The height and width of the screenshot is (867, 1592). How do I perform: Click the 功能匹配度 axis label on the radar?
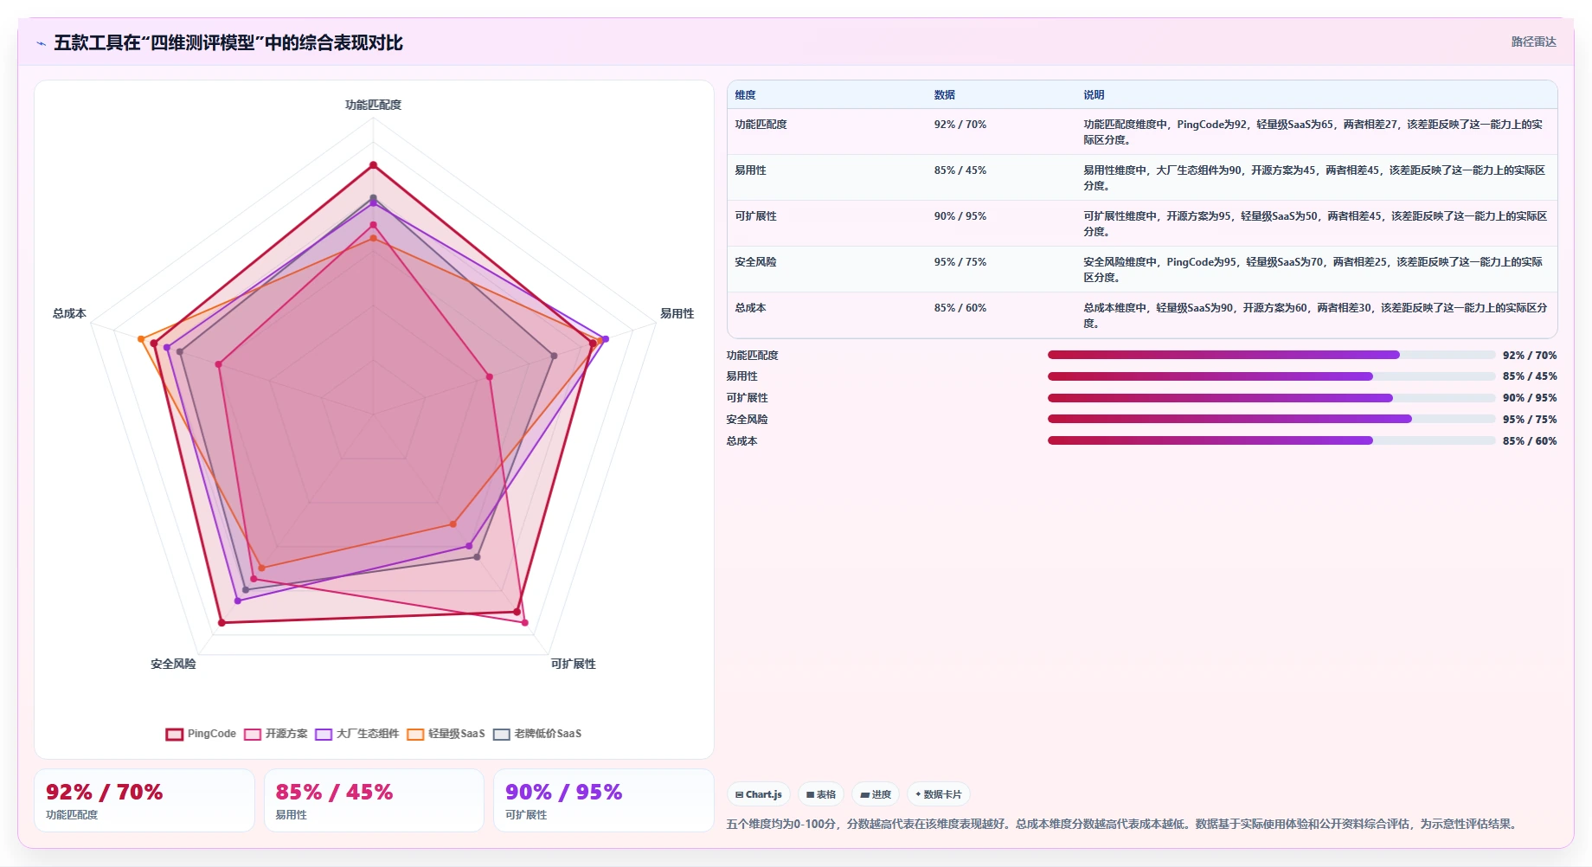(373, 105)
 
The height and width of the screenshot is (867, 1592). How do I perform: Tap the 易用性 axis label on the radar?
(677, 313)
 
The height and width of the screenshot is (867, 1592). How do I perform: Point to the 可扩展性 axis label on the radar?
(573, 664)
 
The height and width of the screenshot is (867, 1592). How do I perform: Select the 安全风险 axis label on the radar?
(173, 664)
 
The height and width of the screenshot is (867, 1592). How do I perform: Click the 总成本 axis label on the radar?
(69, 313)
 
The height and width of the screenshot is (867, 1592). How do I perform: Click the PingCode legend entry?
(201, 734)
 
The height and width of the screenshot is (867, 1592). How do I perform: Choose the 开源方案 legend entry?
(276, 734)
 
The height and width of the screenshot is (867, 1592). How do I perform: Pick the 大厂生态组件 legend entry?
(357, 734)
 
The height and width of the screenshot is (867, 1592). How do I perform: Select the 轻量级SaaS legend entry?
(446, 734)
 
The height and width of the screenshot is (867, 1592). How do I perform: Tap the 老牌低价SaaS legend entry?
(537, 734)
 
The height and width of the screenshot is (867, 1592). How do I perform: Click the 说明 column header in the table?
(1094, 95)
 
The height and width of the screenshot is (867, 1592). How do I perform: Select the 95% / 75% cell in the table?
(960, 262)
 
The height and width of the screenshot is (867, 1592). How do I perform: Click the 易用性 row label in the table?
(750, 170)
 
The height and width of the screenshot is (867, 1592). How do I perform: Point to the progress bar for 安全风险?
(1271, 419)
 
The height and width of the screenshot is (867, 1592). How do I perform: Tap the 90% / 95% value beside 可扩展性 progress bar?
(1529, 398)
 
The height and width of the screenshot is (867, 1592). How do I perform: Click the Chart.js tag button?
(758, 794)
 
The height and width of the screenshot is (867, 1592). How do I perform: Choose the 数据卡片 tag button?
(938, 794)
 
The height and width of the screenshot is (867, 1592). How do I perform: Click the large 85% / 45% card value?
(334, 792)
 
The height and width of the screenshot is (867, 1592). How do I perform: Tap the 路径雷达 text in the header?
(1533, 42)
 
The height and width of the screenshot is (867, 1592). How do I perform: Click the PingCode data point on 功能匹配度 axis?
(373, 164)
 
